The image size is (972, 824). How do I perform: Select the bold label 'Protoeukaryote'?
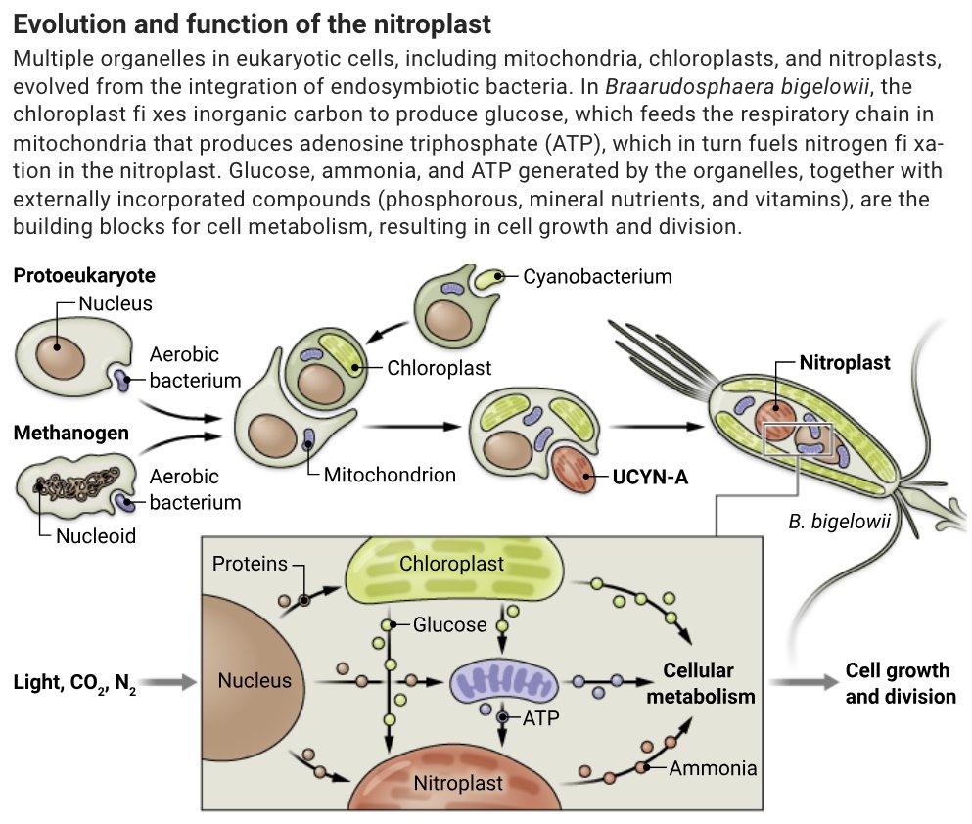tap(84, 275)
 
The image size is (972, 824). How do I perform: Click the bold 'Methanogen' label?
tap(70, 432)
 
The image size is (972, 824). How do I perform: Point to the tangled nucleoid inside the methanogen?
tap(69, 482)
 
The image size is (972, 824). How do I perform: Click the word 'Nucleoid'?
tap(95, 535)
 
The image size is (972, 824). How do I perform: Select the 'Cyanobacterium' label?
tap(597, 276)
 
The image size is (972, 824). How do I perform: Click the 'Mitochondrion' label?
tap(390, 475)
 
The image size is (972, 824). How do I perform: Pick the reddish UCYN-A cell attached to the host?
tap(573, 470)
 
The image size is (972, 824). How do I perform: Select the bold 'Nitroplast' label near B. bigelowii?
tap(845, 363)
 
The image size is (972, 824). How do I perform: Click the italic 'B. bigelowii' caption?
tap(839, 521)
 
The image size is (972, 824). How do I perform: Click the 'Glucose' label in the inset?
tap(449, 624)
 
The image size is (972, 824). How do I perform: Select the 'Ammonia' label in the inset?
tap(713, 767)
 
